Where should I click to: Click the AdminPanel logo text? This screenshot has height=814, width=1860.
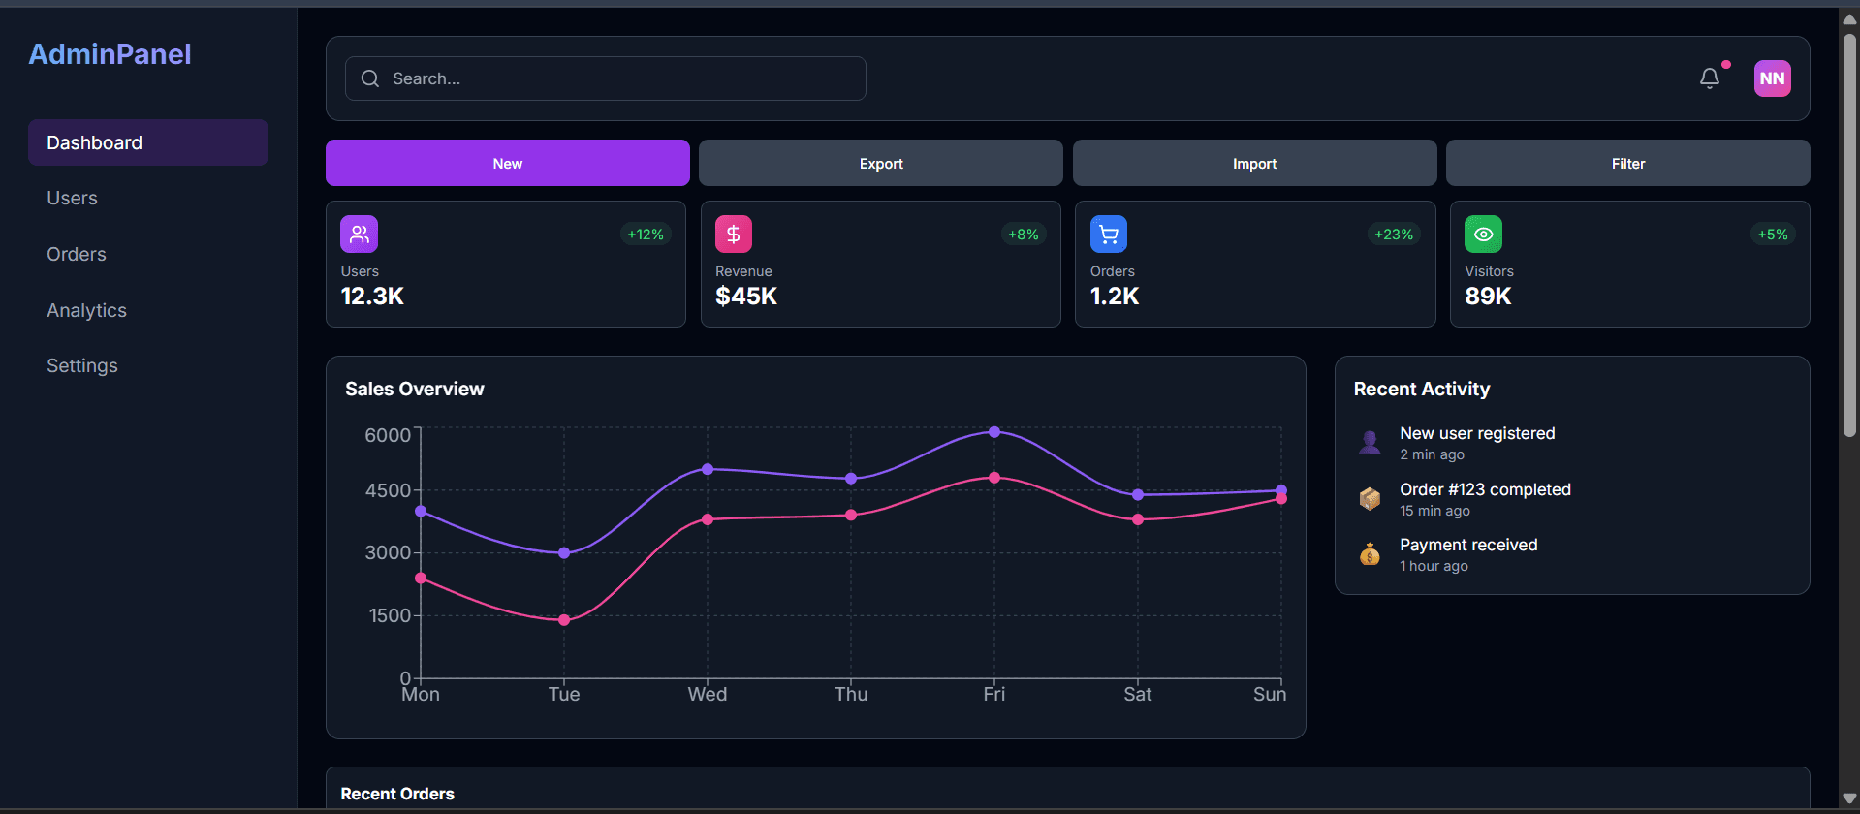coord(110,54)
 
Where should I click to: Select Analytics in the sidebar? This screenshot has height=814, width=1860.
coord(86,310)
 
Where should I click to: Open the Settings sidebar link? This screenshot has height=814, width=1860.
coord(82,365)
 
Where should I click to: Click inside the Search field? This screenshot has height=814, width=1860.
coord(620,78)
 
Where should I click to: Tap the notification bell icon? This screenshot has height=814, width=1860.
coord(1710,78)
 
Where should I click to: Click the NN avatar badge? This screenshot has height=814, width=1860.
coord(1772,78)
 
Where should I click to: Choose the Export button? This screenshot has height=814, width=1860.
coord(880,163)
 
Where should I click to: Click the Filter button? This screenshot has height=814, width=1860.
coord(1627,163)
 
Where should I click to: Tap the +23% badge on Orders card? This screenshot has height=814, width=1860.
coord(1394,235)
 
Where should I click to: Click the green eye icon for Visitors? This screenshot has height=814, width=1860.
coord(1483,235)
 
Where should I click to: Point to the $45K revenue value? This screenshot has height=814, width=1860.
coord(746,297)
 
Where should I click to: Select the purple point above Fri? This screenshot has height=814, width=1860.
coord(994,432)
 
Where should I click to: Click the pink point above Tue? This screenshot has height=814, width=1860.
coord(564,620)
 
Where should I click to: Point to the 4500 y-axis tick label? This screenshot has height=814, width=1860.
coord(388,490)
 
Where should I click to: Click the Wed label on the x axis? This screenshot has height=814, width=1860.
coord(708,694)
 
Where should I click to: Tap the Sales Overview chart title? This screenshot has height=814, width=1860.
coord(414,389)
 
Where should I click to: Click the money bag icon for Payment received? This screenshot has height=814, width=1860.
coord(1370,554)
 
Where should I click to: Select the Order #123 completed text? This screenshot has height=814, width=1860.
coord(1485,489)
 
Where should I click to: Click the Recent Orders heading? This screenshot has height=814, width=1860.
coord(397,794)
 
